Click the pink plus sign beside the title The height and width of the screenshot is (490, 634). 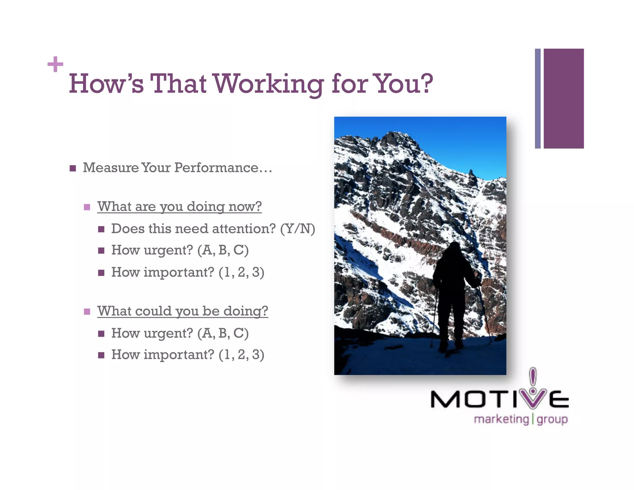click(55, 64)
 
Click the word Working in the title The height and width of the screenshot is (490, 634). click(269, 84)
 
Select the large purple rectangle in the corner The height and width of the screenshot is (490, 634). click(563, 98)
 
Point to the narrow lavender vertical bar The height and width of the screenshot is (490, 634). click(538, 98)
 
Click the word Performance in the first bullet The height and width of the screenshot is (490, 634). click(216, 168)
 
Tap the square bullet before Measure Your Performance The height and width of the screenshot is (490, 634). click(73, 168)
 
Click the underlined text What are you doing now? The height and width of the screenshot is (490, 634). click(179, 207)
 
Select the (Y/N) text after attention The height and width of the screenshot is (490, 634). click(297, 229)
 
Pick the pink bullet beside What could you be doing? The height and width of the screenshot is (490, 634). click(87, 312)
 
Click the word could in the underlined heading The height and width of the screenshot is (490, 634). click(153, 311)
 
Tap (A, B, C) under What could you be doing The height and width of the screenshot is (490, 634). click(223, 333)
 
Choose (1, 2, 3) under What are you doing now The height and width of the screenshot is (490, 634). click(241, 272)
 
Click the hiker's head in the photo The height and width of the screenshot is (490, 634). click(454, 247)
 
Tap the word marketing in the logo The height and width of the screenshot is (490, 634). click(501, 419)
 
